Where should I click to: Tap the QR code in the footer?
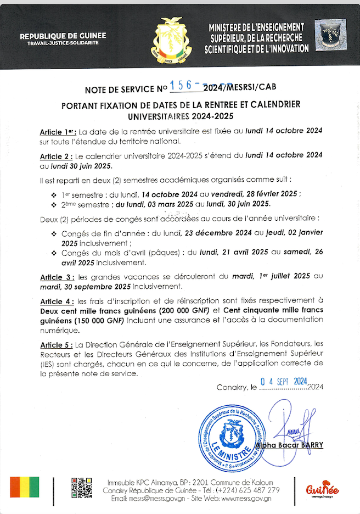click(81, 488)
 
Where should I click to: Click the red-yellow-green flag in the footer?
click(25, 487)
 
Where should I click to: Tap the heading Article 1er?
click(58, 132)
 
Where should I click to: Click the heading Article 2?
click(57, 156)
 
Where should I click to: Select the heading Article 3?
click(57, 277)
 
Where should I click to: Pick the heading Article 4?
click(57, 301)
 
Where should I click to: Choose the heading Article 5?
click(57, 344)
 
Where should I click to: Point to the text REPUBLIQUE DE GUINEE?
click(63, 36)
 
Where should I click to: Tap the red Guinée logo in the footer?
click(322, 487)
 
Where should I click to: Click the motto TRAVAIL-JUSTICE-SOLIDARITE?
click(63, 43)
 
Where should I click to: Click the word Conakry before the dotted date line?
click(233, 387)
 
